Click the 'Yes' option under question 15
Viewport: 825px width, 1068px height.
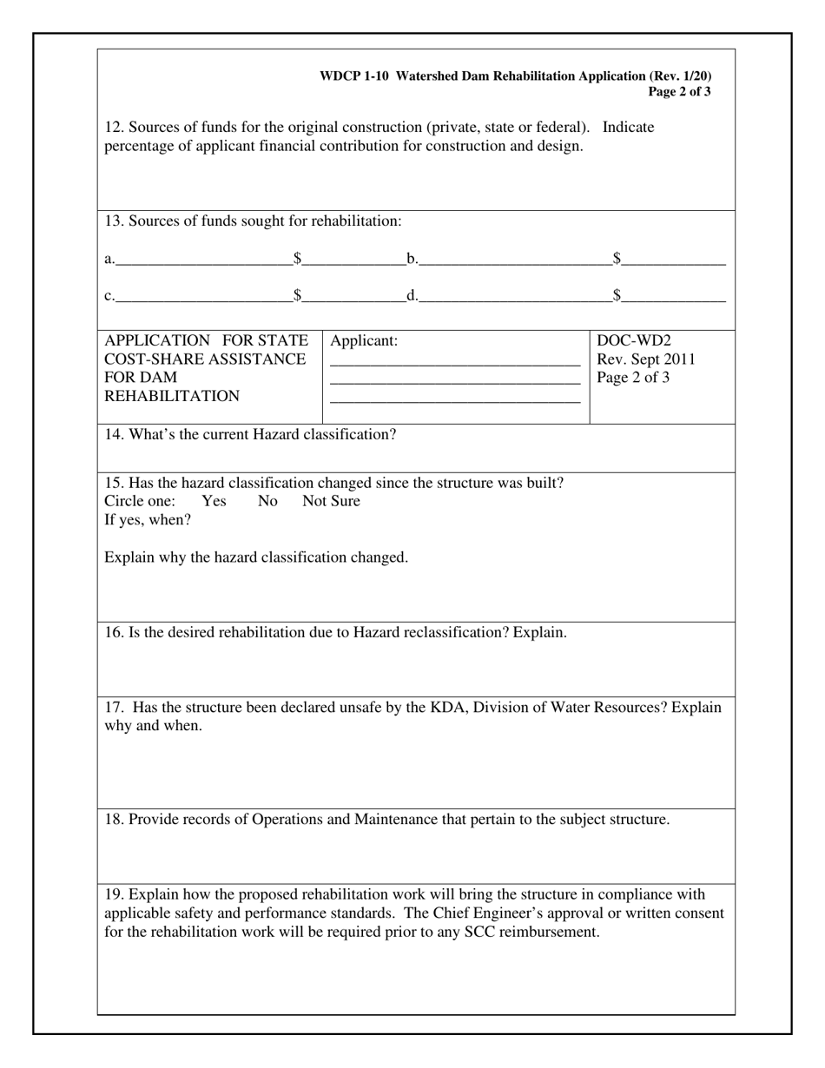[214, 501]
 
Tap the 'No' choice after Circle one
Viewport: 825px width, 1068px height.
[267, 501]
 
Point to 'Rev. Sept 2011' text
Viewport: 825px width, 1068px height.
[645, 359]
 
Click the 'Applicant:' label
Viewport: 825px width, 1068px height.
[364, 340]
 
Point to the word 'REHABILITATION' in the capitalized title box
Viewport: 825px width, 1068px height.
[172, 397]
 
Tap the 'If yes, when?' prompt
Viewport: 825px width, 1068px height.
[148, 520]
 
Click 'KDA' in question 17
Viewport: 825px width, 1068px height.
[447, 707]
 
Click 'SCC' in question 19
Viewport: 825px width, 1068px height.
[483, 933]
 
